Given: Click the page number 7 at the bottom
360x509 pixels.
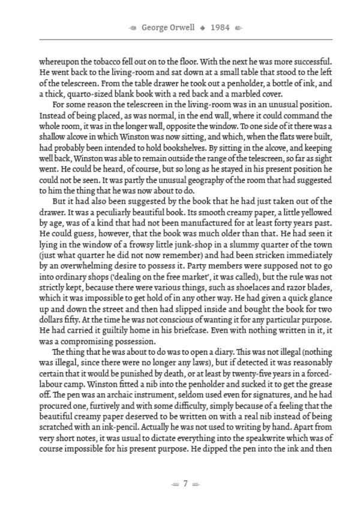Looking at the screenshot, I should click(185, 483).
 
